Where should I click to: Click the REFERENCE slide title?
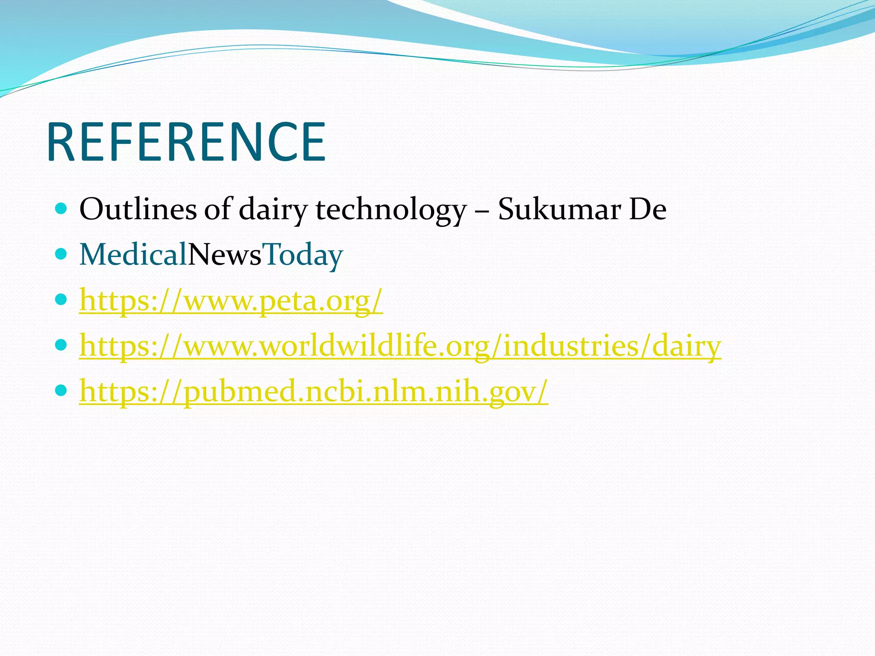pyautogui.click(x=187, y=142)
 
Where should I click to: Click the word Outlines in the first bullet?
pyautogui.click(x=138, y=210)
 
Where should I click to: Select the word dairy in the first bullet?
pyautogui.click(x=273, y=210)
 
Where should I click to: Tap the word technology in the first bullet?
pyautogui.click(x=391, y=210)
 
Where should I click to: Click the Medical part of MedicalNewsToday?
pyautogui.click(x=133, y=255)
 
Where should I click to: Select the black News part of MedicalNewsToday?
pyautogui.click(x=225, y=255)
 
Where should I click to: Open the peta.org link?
pyautogui.click(x=231, y=301)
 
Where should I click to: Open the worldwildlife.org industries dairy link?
pyautogui.click(x=400, y=346)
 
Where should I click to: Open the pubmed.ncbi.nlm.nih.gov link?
pyautogui.click(x=314, y=392)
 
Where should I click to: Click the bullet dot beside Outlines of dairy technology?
pyautogui.click(x=62, y=209)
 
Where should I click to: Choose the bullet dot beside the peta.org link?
pyautogui.click(x=62, y=300)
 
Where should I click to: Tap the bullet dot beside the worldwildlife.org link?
pyautogui.click(x=62, y=344)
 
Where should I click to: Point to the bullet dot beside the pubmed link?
pyautogui.click(x=62, y=390)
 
